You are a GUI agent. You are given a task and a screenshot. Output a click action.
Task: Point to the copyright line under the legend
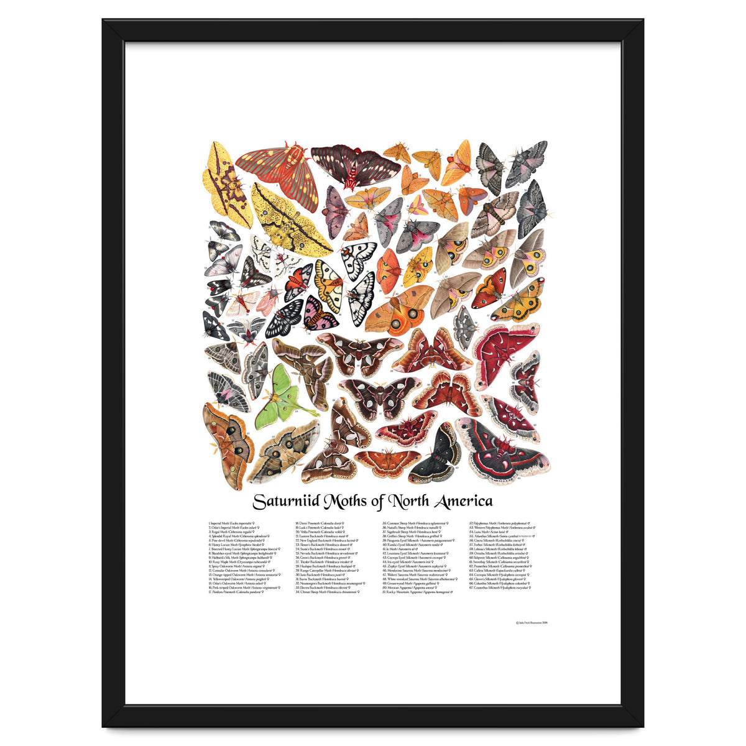point(532,621)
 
